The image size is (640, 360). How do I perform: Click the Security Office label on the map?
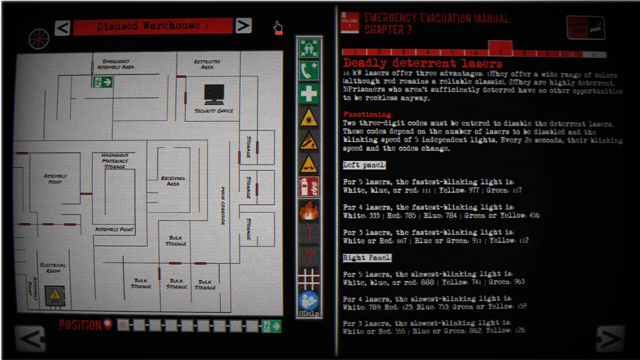coord(214,111)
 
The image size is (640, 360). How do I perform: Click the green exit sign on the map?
coord(102,82)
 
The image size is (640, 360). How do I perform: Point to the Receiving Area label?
coord(173,181)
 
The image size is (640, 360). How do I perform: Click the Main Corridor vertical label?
coord(223,206)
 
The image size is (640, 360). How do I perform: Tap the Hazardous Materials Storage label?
coord(115,161)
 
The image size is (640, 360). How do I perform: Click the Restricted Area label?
coord(207,64)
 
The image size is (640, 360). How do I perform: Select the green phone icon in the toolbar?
coord(309,71)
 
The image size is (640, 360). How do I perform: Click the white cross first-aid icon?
coord(309,94)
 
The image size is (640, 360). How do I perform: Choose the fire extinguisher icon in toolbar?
coord(309,187)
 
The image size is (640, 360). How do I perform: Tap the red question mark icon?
coord(309,256)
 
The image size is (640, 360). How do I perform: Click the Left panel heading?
coord(364,165)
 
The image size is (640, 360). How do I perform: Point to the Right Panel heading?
coord(367,258)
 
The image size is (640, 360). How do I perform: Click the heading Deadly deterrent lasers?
coord(422,63)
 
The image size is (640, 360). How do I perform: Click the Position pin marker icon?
coord(108,324)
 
